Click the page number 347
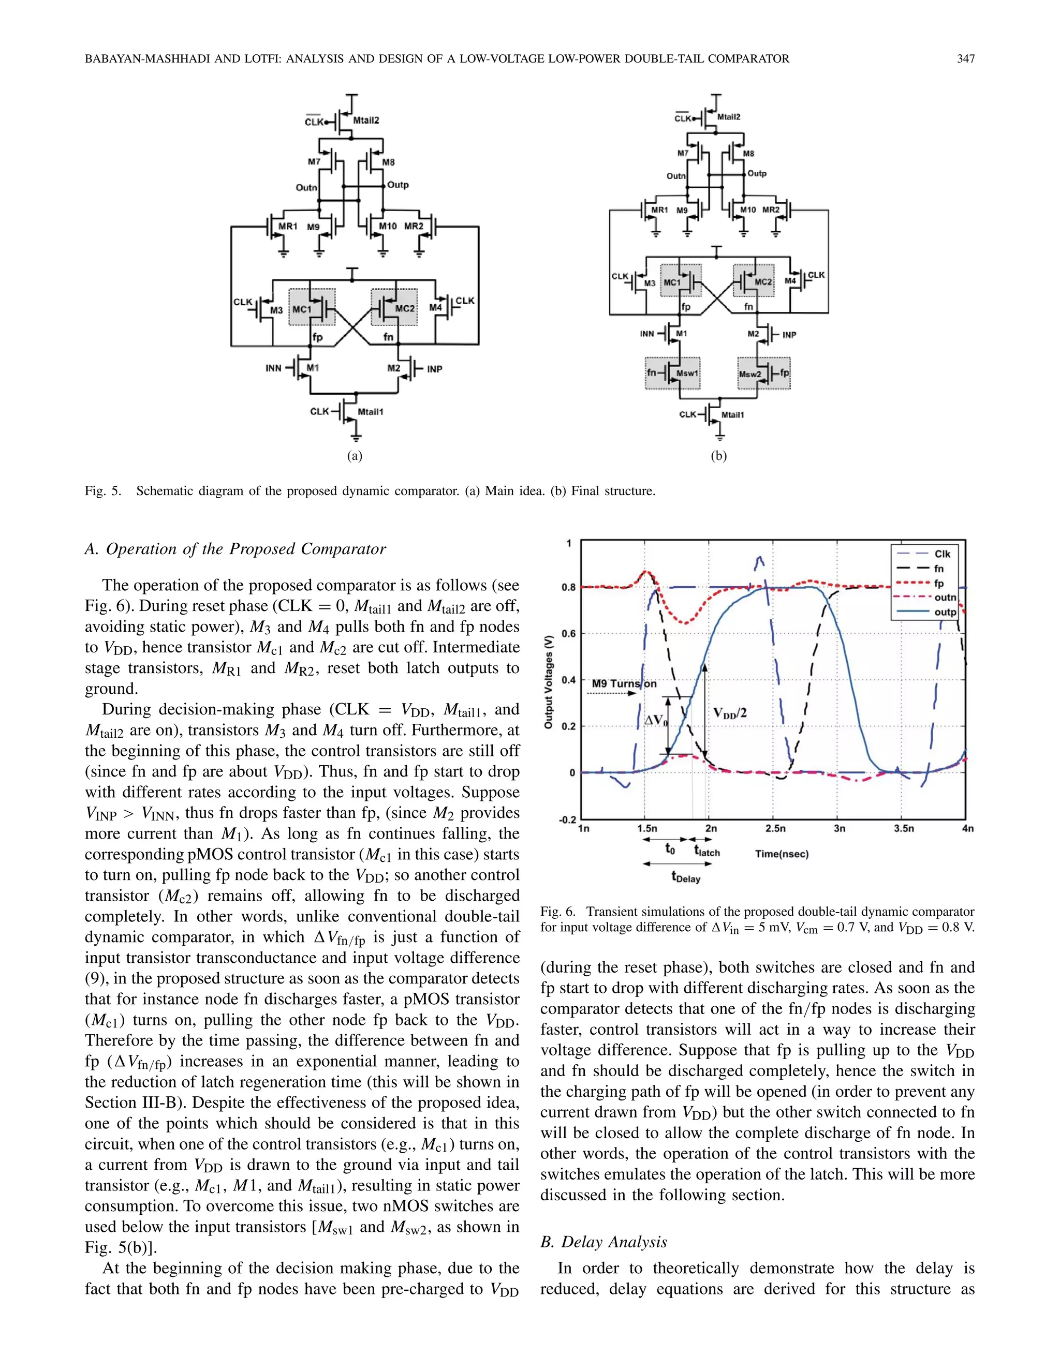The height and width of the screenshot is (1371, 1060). coord(965,59)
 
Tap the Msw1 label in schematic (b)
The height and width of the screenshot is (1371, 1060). coord(687,374)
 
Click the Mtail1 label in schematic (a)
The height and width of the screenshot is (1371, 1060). coord(371,412)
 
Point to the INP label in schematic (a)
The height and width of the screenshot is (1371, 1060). coord(435,369)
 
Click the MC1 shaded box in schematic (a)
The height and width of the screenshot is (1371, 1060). coord(312,308)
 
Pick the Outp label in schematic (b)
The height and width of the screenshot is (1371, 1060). coord(757,173)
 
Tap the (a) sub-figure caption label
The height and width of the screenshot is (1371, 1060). coord(355,456)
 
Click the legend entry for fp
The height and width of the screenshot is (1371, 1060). coord(939,583)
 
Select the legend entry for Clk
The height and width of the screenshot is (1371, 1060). coord(942,554)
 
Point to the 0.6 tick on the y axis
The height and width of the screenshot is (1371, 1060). coord(568,633)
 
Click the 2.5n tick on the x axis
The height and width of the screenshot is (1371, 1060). coord(775,829)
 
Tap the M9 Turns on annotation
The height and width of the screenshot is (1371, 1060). coord(624,683)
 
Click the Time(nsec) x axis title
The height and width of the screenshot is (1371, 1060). coord(782,854)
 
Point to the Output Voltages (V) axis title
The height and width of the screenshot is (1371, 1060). coord(548,681)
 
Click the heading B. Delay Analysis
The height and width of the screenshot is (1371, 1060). coord(603,1242)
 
